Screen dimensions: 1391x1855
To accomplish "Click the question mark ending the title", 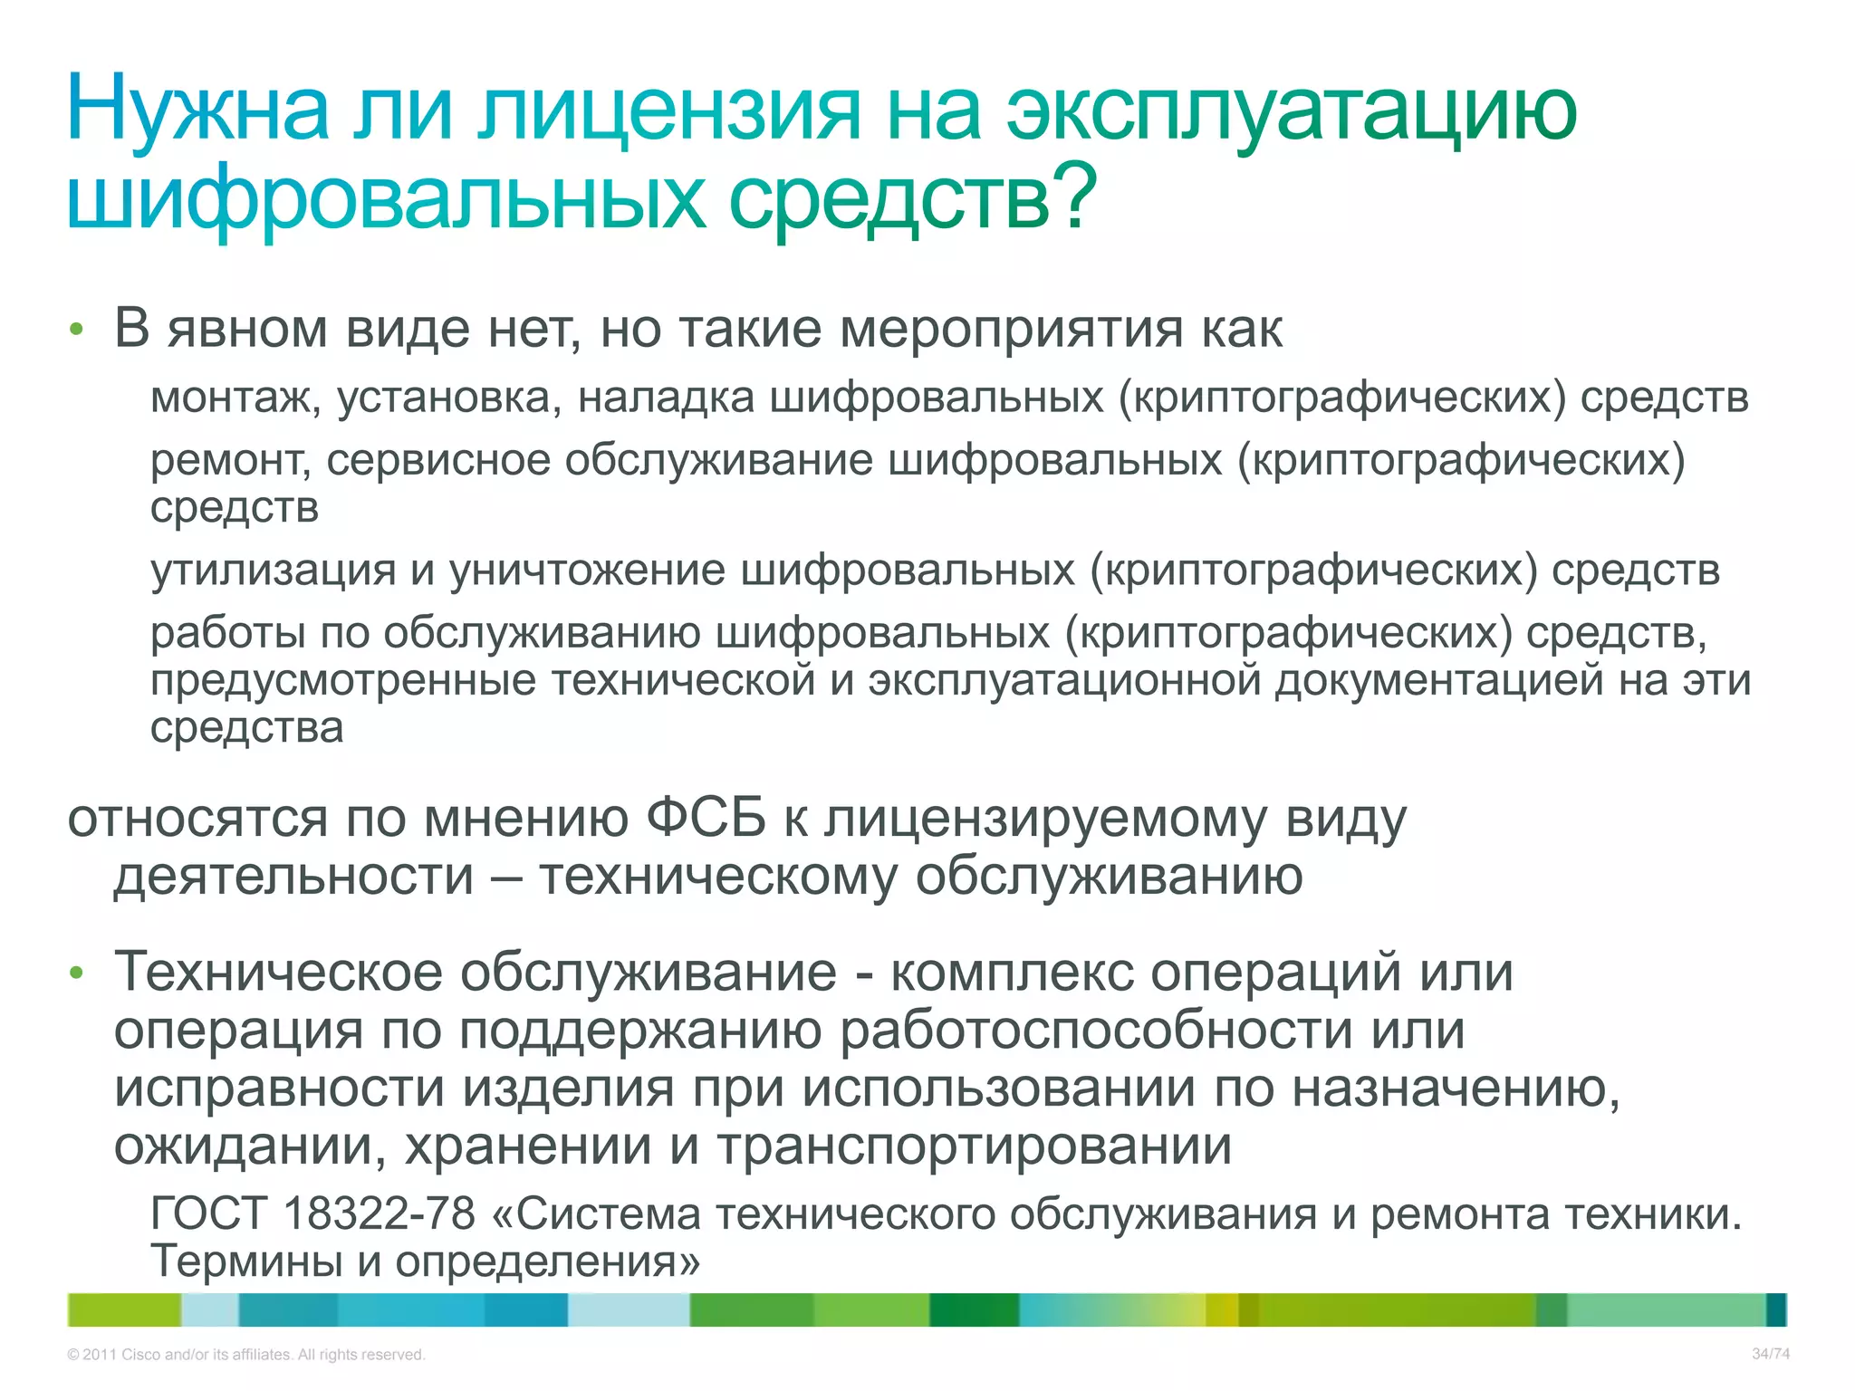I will point(1077,197).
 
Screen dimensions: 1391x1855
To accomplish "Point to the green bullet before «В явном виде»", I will point(77,330).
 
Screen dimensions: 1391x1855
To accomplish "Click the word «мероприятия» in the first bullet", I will point(1011,330).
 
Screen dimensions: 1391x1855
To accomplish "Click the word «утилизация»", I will point(273,571).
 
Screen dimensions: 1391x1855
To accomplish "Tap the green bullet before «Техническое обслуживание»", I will point(77,974).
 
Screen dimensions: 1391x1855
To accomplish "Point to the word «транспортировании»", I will point(975,1146).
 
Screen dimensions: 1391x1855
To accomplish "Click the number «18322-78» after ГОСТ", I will point(379,1214).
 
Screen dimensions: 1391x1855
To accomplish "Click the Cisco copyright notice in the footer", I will point(245,1355).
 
